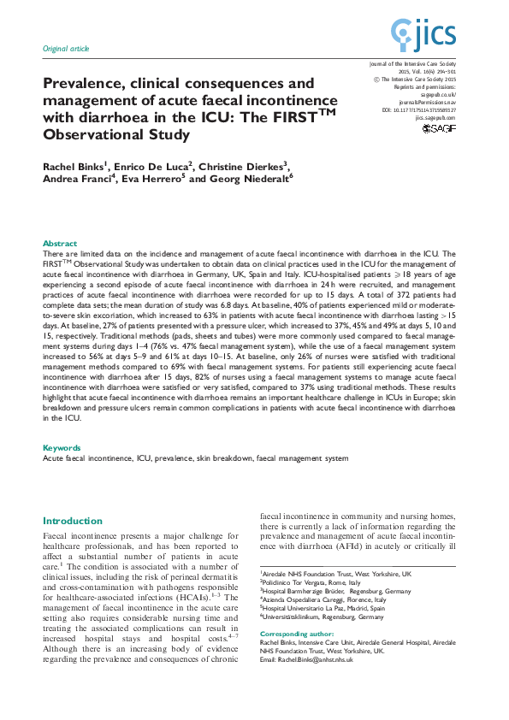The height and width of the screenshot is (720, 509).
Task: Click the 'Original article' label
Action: pos(65,49)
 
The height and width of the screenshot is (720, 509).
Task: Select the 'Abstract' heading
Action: pos(59,244)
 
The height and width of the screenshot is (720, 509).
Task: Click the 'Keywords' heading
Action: pos(62,447)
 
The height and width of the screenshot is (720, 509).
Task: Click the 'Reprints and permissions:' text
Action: pos(425,87)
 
